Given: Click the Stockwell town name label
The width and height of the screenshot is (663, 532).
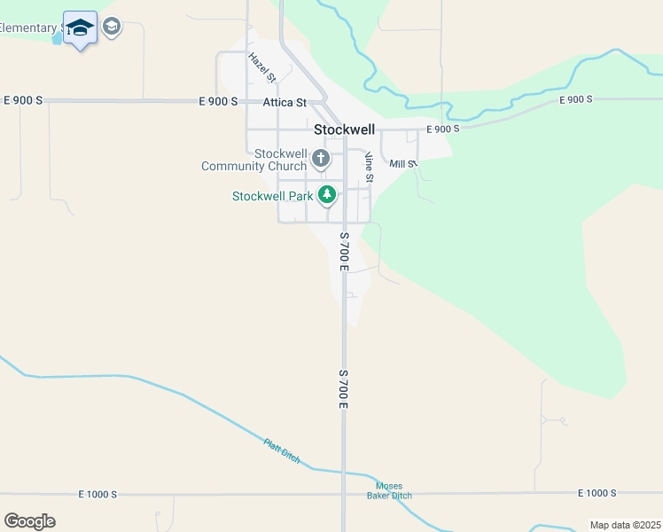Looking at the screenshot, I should pos(345,129).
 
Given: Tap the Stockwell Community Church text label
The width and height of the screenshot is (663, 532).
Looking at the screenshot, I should pos(254,160).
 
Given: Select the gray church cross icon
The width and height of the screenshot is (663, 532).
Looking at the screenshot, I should pos(320,160).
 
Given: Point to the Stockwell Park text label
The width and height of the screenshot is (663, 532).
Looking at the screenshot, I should pos(273,196).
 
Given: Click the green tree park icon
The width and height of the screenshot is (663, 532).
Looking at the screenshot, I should pos(327,194).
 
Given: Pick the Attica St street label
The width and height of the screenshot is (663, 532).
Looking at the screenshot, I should pos(285,103).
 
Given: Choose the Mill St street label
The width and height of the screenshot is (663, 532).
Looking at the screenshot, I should pos(402,164).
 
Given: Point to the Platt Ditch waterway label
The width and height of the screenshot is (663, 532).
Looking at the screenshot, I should pos(282,451).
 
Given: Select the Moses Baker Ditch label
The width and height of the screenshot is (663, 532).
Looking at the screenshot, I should pos(389,490).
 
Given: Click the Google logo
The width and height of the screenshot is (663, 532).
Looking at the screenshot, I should pos(29,521).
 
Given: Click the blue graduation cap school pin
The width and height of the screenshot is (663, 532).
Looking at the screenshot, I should pos(81,28).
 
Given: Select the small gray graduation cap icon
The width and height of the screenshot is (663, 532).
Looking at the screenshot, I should pos(112,27).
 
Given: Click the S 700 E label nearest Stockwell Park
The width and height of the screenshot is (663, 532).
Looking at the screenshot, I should pos(343,252).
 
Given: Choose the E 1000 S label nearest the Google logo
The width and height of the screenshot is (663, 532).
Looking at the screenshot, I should pos(97,494).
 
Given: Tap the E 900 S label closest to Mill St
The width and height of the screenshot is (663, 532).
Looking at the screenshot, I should pos(443,129).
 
